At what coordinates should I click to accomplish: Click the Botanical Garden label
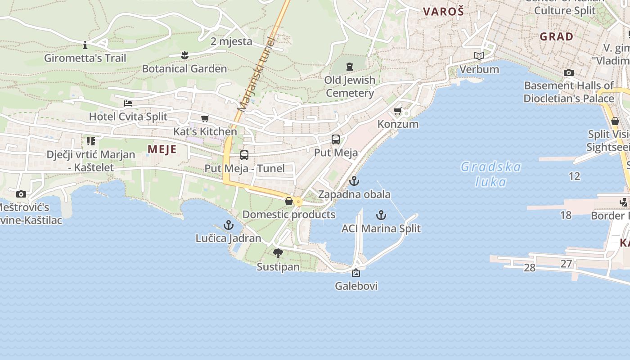184,69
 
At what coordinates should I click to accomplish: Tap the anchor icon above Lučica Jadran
229,225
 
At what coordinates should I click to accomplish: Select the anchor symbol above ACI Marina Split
381,215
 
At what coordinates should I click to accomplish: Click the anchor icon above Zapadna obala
354,181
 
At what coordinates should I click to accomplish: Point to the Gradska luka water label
490,174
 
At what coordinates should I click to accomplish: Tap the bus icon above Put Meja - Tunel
244,155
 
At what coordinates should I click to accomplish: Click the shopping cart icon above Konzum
397,111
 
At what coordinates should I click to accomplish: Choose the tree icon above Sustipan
278,253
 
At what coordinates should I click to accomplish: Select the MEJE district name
162,149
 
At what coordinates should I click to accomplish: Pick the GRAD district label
557,36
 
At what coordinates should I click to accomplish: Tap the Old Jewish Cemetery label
350,86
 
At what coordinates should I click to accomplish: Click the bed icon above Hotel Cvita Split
128,103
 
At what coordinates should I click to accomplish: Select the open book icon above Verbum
479,56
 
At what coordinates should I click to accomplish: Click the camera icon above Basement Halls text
569,72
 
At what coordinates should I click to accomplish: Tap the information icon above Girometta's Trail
85,45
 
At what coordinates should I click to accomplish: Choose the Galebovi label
356,286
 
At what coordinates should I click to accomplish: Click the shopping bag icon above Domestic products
289,201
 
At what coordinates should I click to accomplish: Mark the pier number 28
530,268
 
